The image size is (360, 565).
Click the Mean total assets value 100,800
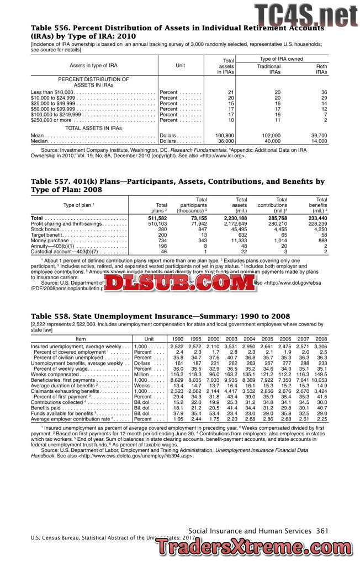coord(225,135)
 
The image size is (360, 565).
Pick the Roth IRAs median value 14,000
coord(319,141)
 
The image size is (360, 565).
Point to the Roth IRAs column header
coord(321,69)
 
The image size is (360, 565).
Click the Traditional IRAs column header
coord(269,69)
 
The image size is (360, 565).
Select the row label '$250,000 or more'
coord(51,120)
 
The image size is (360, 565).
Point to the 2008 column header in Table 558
coord(321,339)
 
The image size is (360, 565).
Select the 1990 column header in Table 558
coord(177,339)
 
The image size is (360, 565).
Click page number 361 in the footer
coord(322,531)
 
